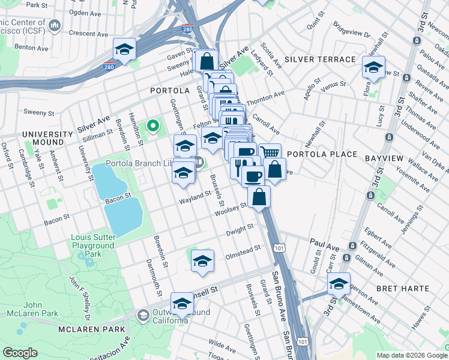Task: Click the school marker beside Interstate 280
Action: [x=124, y=49]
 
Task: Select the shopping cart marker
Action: [x=270, y=153]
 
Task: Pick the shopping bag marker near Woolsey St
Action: [x=259, y=197]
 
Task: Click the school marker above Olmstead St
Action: [x=203, y=261]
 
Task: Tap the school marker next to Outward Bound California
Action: [x=182, y=304]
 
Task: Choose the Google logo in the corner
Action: [x=20, y=353]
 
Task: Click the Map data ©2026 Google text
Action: [x=411, y=355]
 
